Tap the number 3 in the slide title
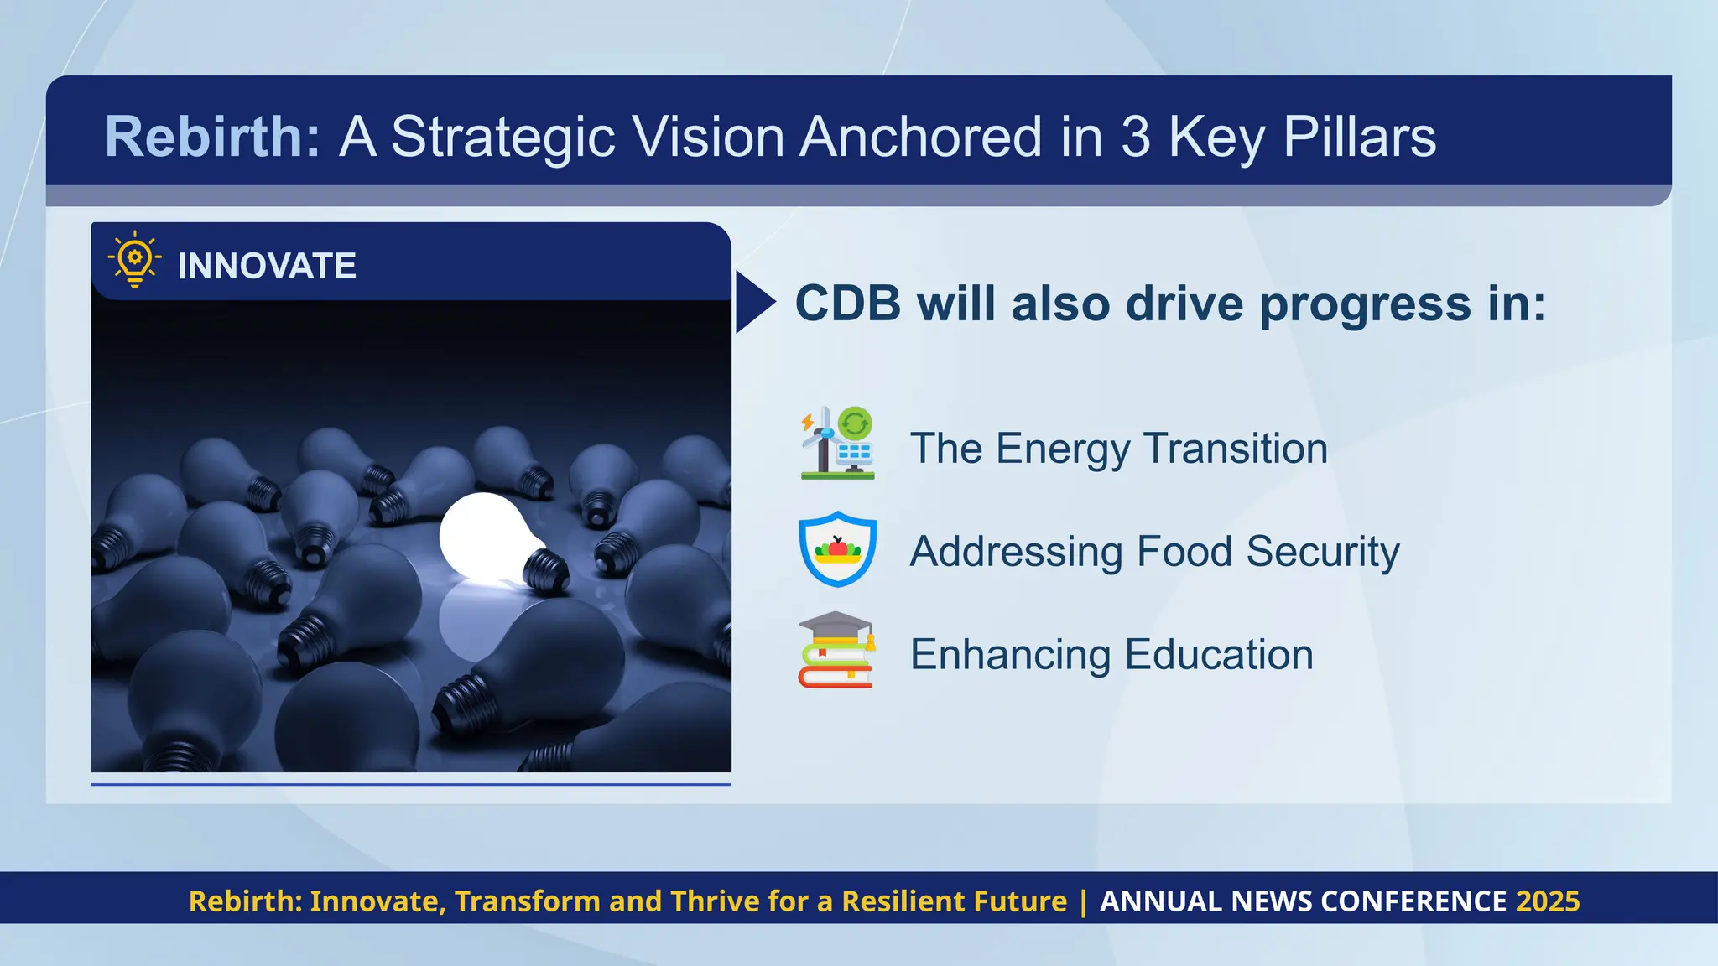click(x=1135, y=137)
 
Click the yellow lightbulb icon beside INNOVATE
click(x=134, y=261)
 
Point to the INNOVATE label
click(x=267, y=267)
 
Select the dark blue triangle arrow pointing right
click(x=753, y=302)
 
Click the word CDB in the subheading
click(x=847, y=304)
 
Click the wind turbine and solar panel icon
click(x=837, y=444)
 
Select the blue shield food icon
click(x=837, y=548)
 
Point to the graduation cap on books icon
click(x=836, y=650)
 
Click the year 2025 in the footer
click(x=1548, y=901)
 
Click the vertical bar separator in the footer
click(x=1083, y=901)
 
